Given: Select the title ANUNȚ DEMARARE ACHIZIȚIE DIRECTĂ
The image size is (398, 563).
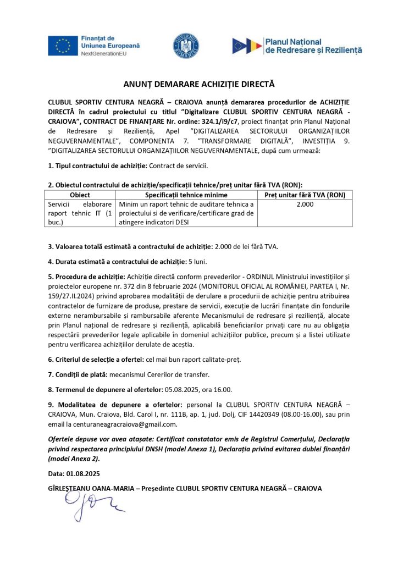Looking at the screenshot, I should pos(198,84).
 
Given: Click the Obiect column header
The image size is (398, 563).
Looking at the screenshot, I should pos(80,195).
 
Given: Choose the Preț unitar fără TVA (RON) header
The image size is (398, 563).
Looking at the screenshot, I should pos(305,195).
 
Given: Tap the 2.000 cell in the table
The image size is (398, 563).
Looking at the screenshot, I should pos(305,204).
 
